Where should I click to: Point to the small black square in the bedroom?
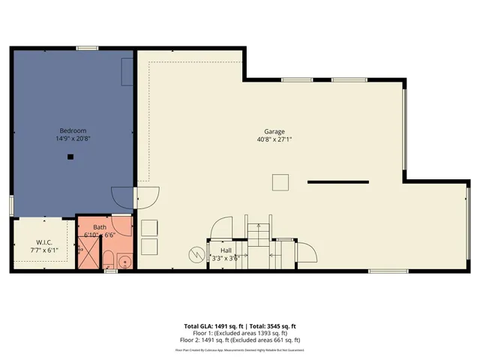70,157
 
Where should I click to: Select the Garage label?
274,130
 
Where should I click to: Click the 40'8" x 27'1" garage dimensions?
274,139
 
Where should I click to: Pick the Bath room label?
100,227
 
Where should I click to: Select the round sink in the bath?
124,262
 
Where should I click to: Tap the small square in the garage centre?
280,182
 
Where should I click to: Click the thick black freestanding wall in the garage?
337,181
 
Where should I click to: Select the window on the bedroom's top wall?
88,49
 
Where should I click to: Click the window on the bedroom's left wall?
11,204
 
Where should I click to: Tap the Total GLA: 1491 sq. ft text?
210,326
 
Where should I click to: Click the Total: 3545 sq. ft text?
271,326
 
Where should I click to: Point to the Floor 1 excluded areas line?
240,333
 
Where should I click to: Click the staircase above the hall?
257,234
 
